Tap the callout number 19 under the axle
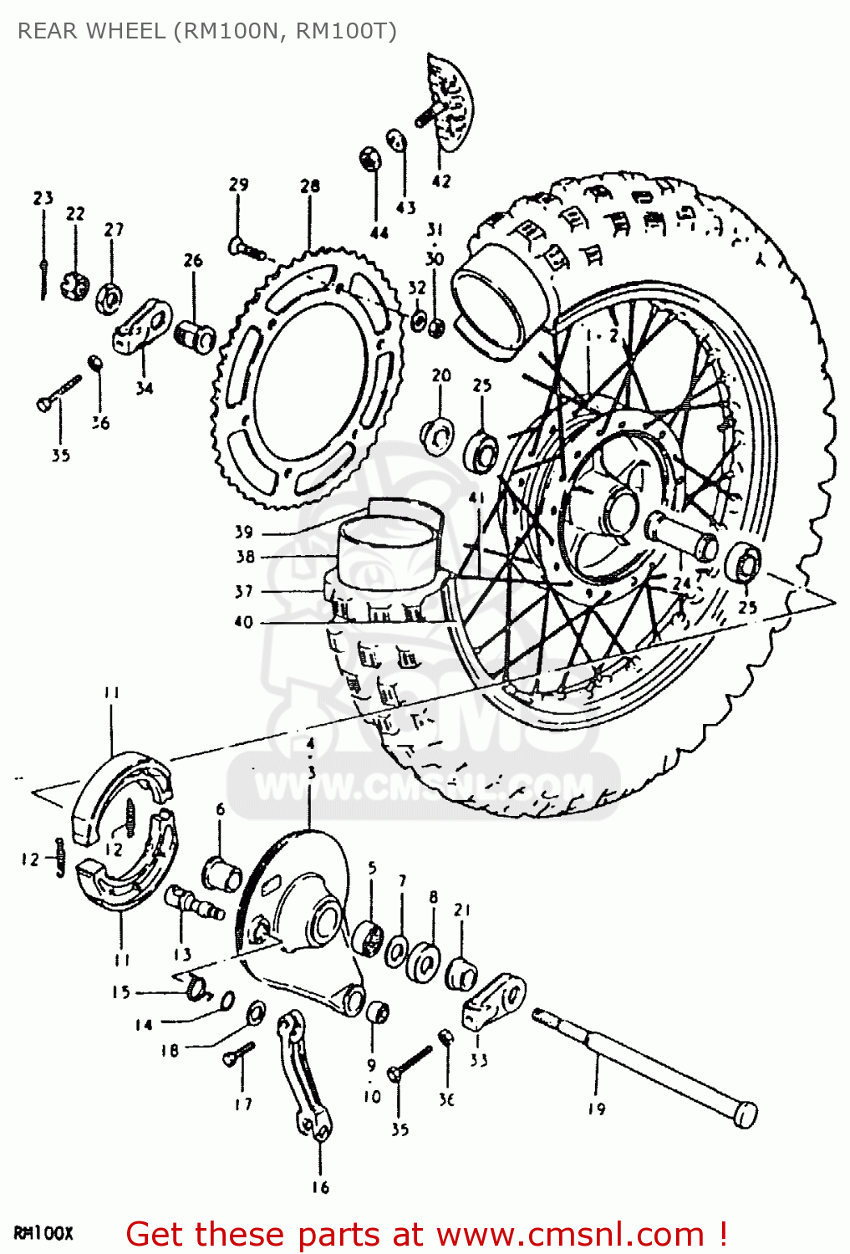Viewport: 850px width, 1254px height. [x=596, y=1109]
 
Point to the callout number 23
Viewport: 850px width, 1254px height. [x=43, y=198]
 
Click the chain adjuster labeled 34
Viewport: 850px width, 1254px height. [x=142, y=328]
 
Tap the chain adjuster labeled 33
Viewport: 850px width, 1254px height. [x=493, y=1002]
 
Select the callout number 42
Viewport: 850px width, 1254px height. [x=441, y=181]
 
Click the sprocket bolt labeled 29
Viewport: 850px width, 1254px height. [x=244, y=247]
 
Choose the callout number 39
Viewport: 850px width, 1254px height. [x=243, y=532]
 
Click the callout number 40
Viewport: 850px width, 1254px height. [x=243, y=622]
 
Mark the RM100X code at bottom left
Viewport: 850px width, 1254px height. [x=43, y=1233]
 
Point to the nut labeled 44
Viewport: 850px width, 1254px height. [x=369, y=158]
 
